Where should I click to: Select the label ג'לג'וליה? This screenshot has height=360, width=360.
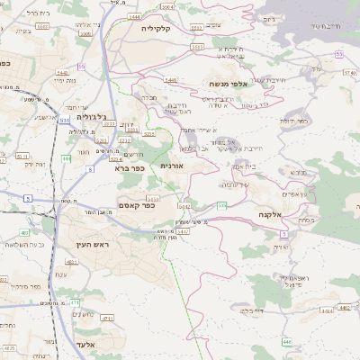click(x=91, y=117)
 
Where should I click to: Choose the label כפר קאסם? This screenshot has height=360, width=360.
click(x=137, y=205)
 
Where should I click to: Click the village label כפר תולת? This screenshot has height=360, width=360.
click(x=319, y=120)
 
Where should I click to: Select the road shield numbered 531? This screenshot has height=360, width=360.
click(x=65, y=118)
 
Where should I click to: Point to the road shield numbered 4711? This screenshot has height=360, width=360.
click(x=107, y=319)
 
